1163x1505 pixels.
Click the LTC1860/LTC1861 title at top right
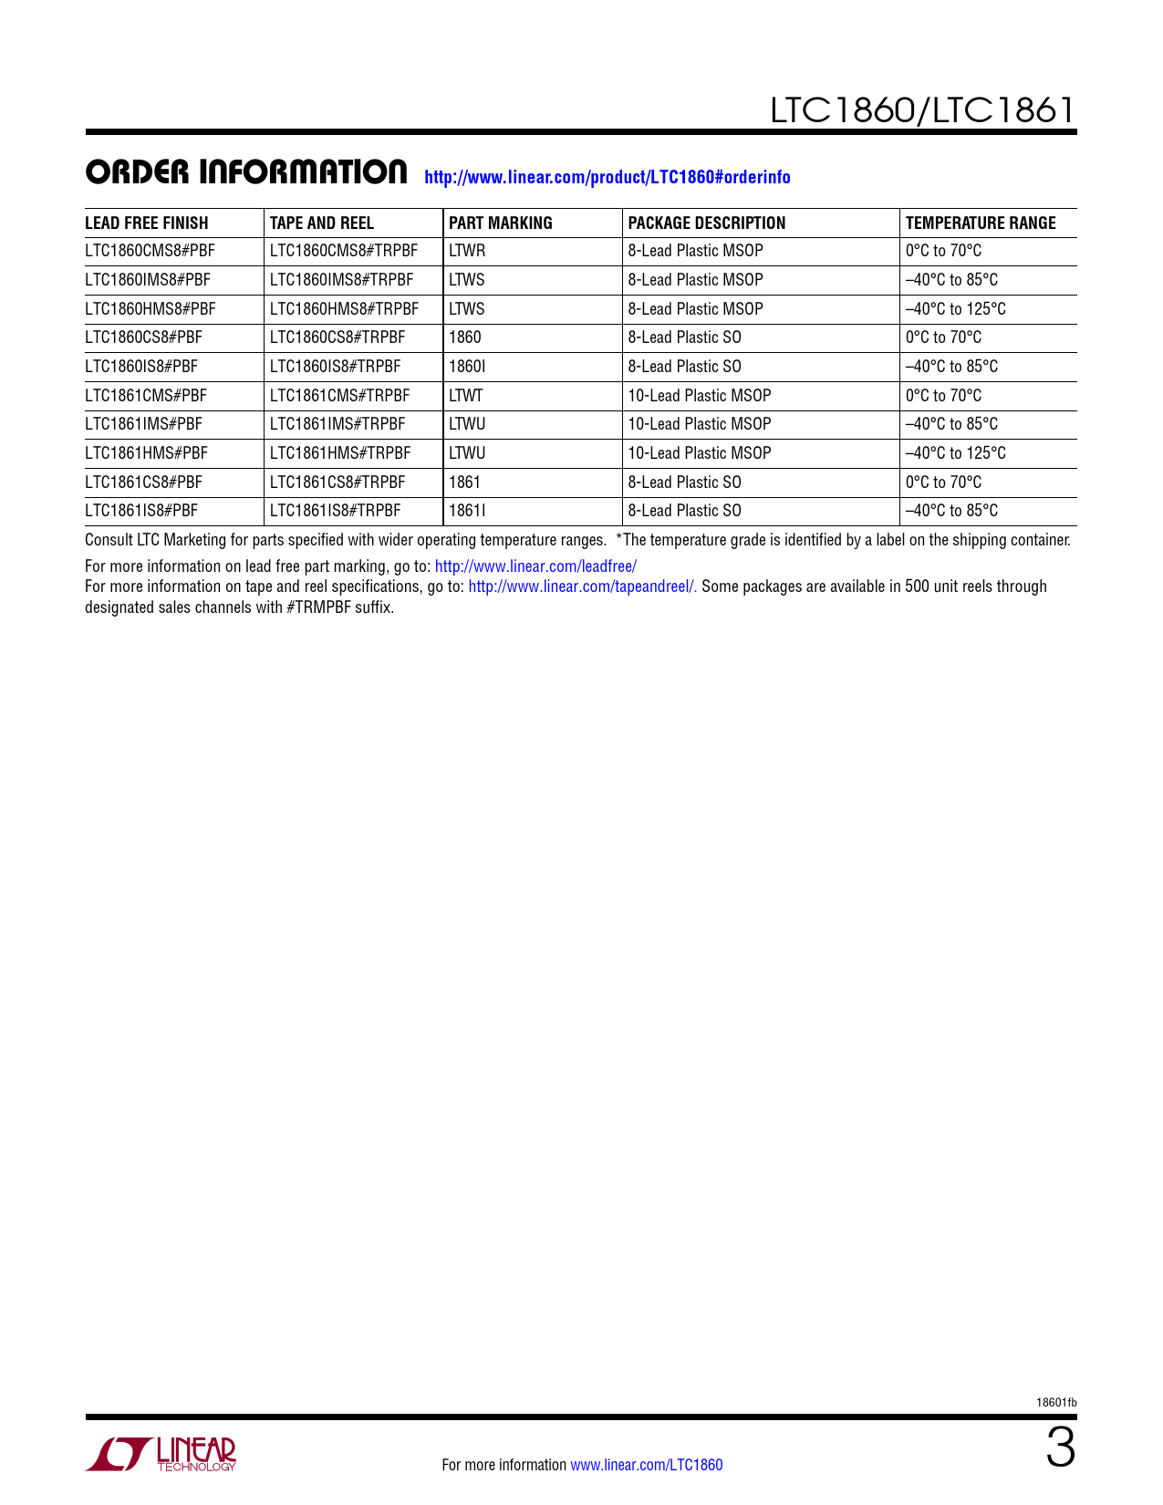922,110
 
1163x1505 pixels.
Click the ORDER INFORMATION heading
246,172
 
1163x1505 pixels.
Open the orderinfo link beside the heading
607,177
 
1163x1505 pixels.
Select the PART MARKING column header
501,223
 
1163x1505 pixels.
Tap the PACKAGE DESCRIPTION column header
707,223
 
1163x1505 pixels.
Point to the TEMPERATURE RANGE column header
981,223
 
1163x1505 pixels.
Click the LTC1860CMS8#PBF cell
150,251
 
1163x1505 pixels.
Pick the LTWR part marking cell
467,251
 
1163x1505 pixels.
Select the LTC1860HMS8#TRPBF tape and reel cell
344,309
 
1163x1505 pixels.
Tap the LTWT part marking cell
466,396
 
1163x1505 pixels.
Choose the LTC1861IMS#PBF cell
144,424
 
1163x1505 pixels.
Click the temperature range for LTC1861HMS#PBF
956,453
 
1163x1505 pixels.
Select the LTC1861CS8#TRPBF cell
337,483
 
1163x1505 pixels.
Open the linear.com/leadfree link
535,566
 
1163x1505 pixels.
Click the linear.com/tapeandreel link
583,586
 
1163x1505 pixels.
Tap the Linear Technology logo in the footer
161,1454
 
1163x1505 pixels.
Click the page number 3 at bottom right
1060,1449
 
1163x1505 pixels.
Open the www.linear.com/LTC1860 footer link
646,1465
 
